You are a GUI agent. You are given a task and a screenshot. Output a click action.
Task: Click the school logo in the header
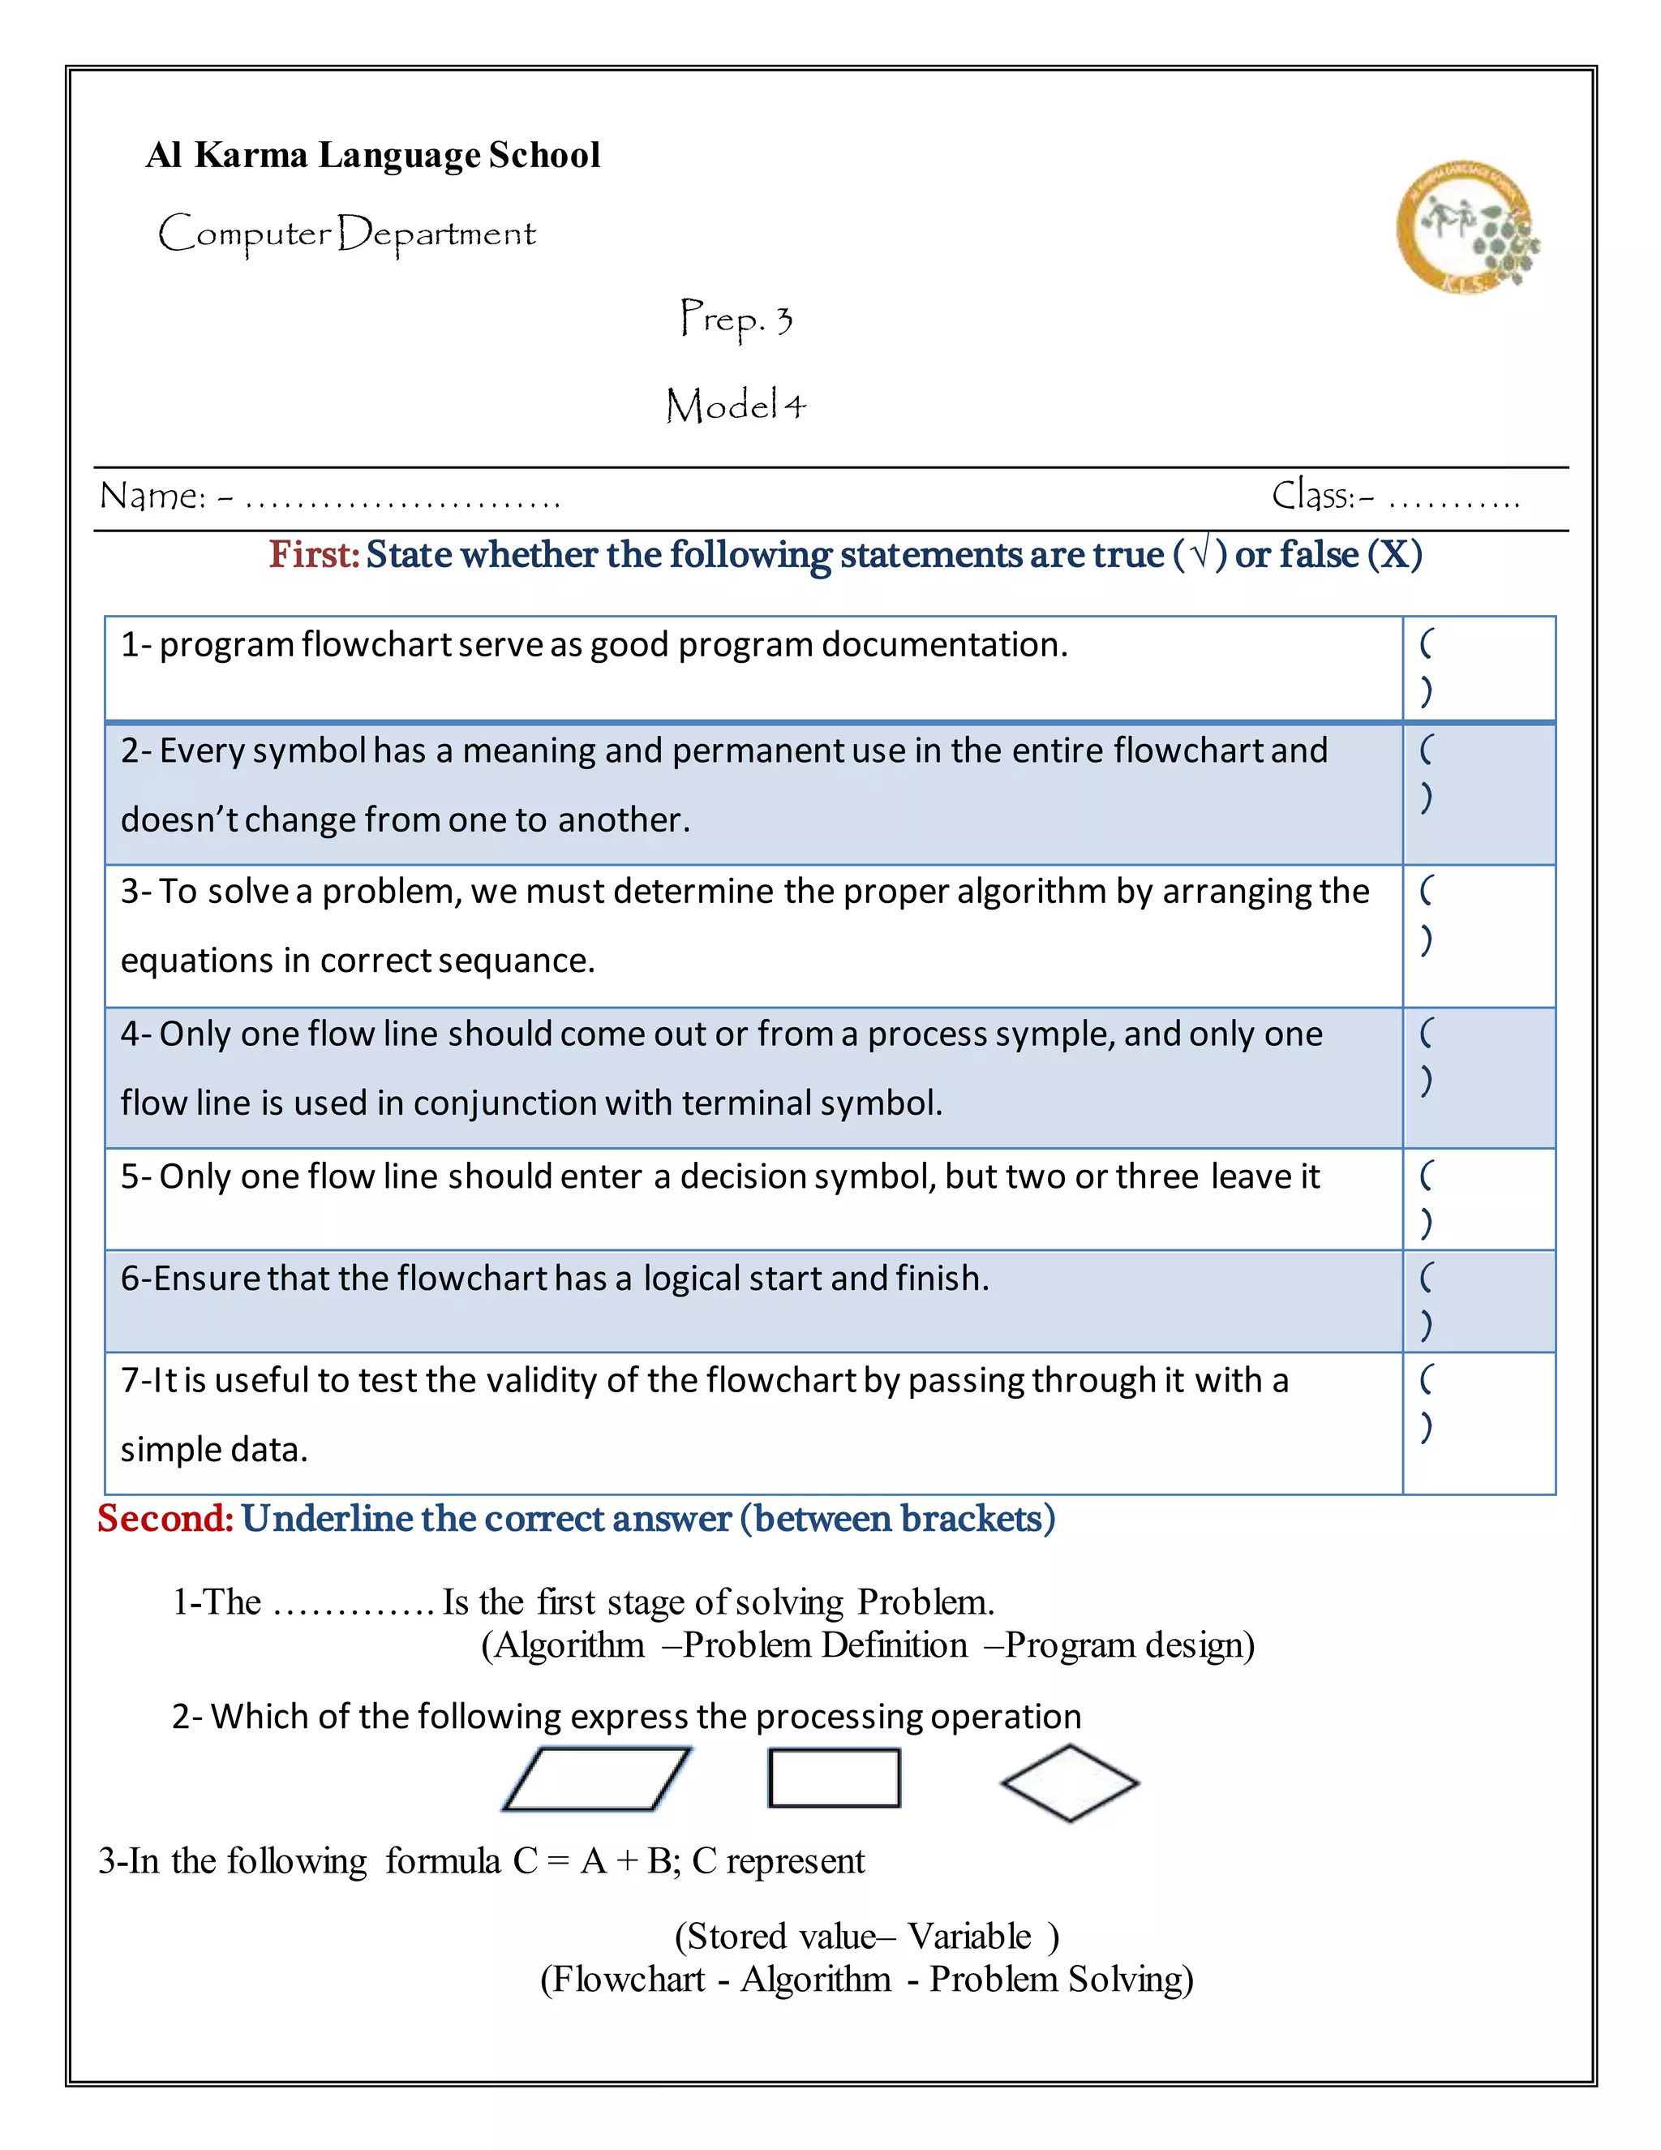1466,229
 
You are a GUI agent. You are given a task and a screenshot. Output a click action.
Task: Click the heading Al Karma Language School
373,156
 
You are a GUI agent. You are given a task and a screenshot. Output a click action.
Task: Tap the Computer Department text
346,234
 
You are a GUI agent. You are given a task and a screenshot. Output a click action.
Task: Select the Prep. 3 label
736,319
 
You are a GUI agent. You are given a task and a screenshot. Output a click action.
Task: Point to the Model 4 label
736,405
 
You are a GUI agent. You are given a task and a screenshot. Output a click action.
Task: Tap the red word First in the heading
314,555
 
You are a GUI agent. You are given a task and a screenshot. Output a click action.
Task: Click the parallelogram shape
596,1779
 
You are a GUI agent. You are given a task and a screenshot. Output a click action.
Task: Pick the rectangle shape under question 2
835,1778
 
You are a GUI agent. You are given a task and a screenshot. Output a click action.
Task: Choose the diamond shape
1070,1782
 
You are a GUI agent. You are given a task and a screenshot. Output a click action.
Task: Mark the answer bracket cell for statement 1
1478,669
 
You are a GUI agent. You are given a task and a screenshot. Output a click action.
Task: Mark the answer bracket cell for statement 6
1478,1301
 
